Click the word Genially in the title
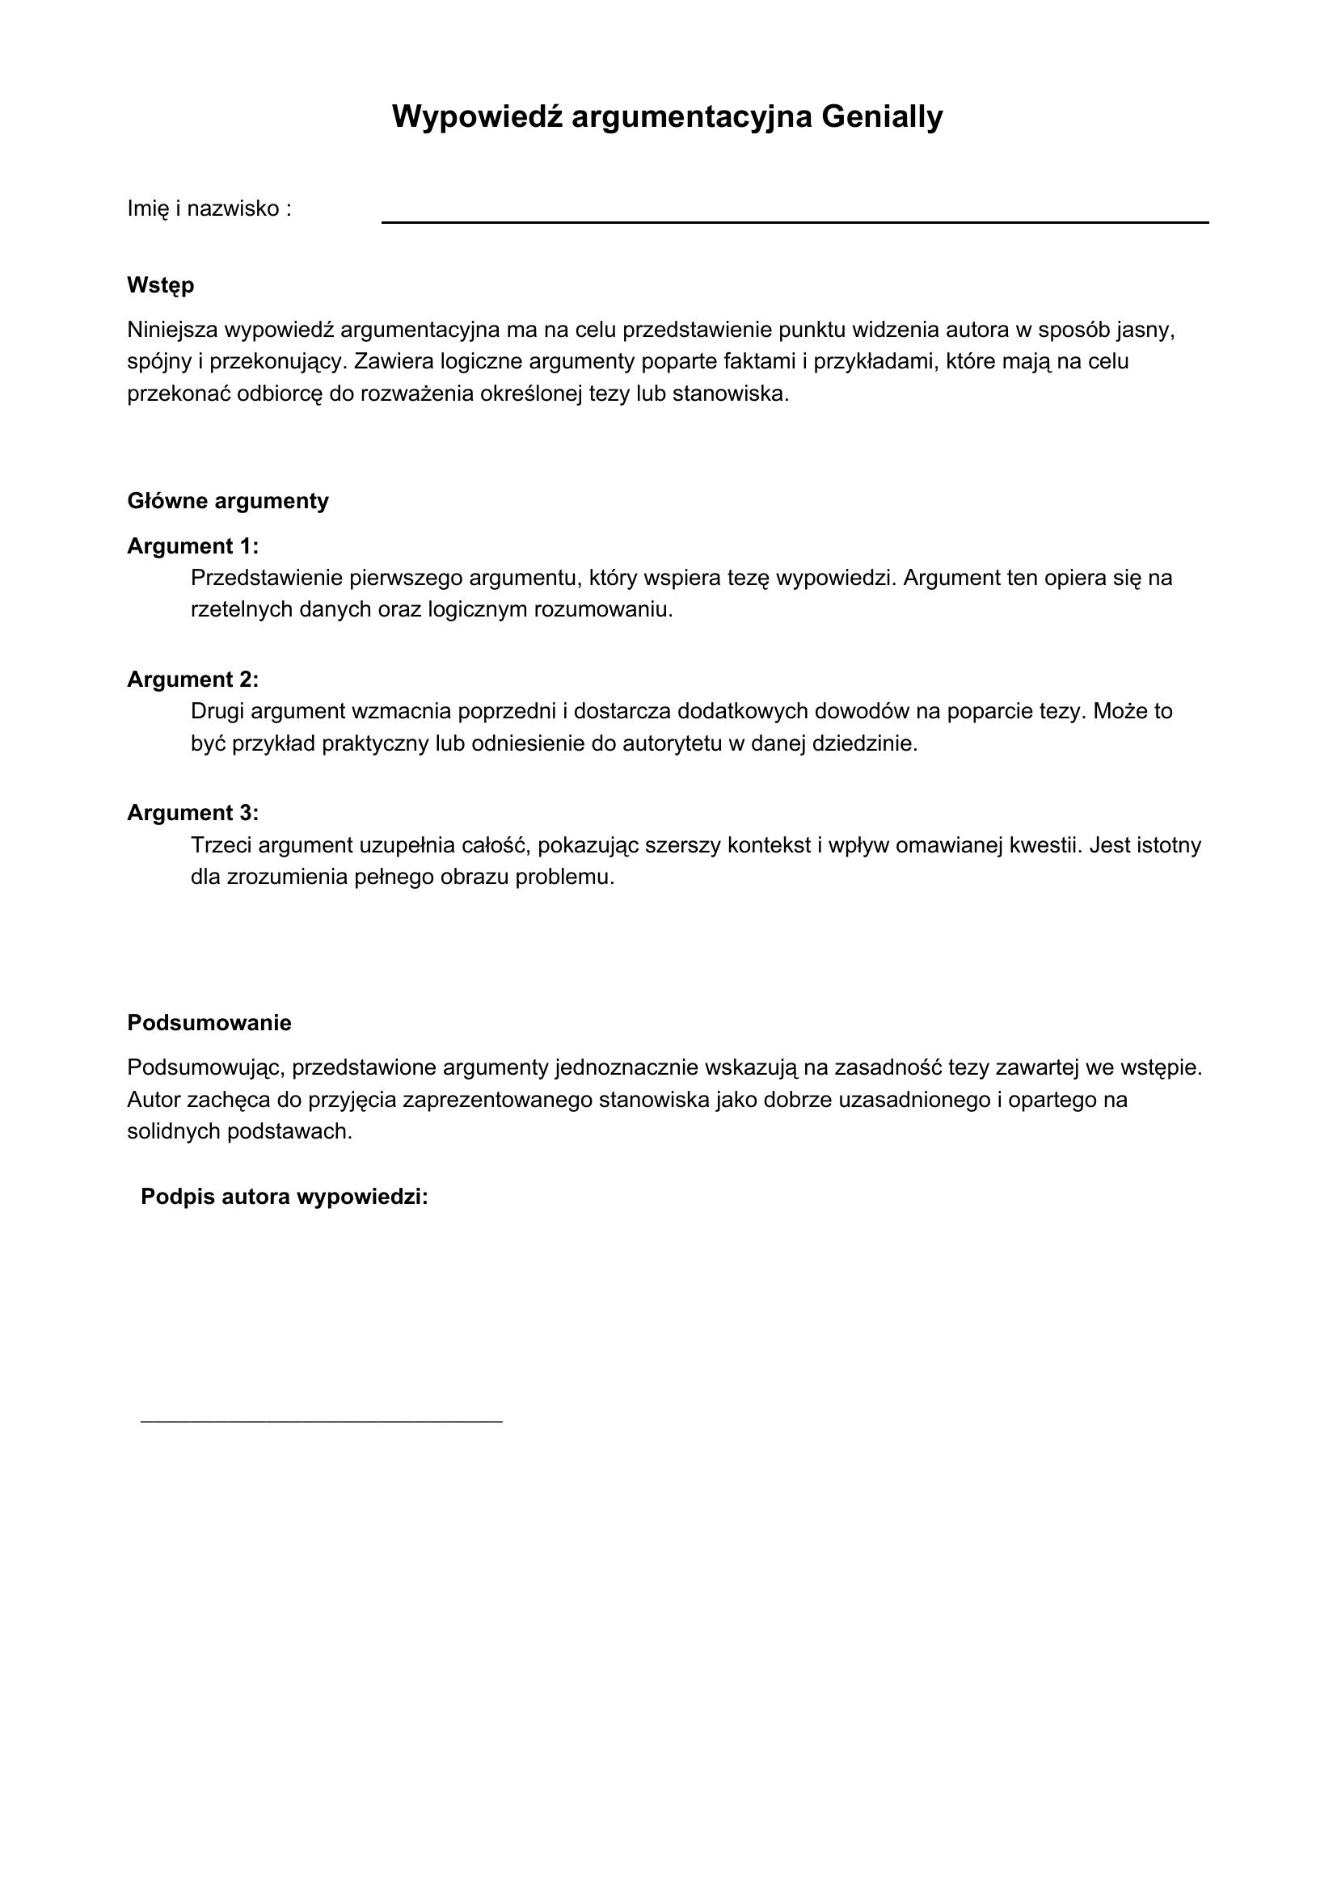point(882,117)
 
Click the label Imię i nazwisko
point(209,209)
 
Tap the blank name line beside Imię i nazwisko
point(795,221)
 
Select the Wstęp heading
point(161,285)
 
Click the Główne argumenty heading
point(228,501)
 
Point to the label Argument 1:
point(192,546)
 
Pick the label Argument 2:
point(192,680)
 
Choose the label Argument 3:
point(192,814)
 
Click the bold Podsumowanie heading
point(209,1023)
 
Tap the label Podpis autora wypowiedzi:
point(285,1197)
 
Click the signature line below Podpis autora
point(321,1421)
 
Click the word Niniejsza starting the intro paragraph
point(172,330)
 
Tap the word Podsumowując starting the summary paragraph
point(205,1068)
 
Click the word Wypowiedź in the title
point(478,117)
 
